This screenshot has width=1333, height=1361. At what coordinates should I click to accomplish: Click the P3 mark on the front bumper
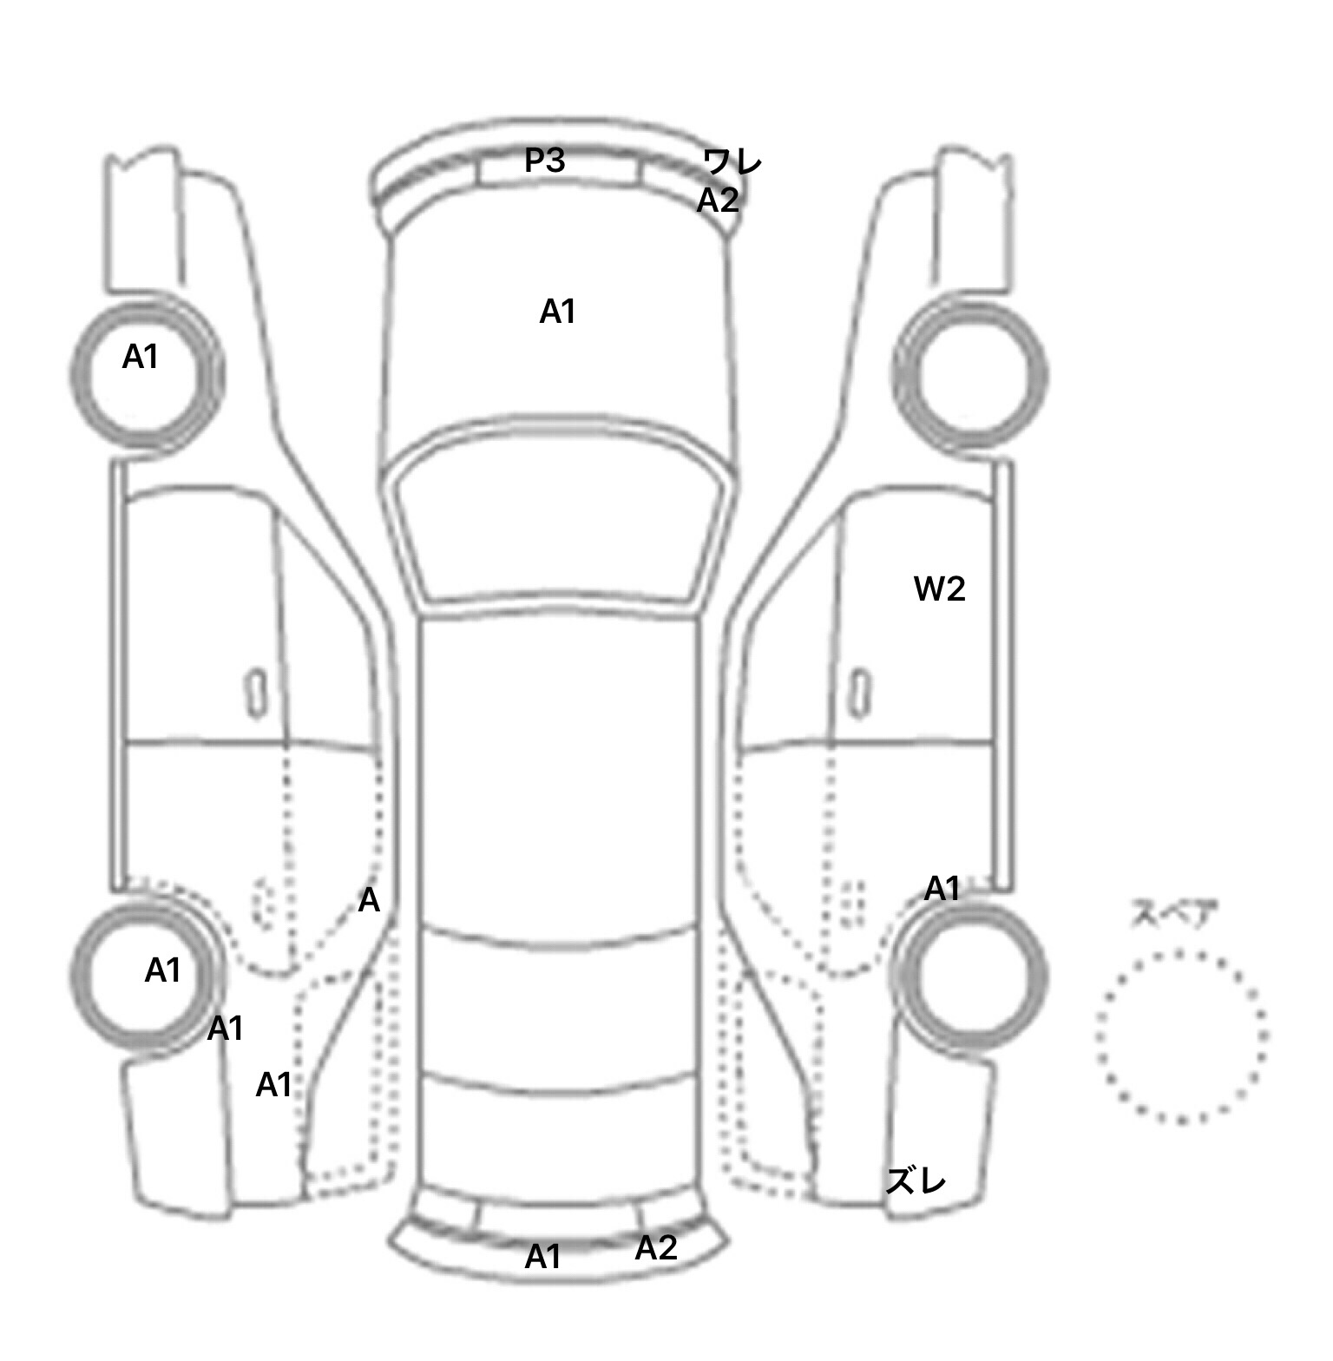click(545, 161)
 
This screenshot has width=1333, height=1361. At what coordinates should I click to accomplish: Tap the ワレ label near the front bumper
click(732, 162)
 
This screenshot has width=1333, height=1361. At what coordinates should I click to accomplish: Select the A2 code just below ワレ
click(718, 201)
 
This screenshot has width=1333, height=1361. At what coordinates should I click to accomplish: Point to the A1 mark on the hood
click(557, 312)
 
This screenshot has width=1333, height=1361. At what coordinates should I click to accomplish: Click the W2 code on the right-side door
click(939, 589)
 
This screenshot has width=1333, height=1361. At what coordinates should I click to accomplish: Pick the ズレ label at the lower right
click(915, 1180)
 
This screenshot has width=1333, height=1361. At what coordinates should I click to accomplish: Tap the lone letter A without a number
click(369, 902)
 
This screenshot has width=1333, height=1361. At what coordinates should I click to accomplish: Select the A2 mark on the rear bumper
click(655, 1248)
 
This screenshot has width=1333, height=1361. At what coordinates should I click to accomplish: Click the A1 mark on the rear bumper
click(543, 1257)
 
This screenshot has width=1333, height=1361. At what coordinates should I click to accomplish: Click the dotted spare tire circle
click(1098, 1037)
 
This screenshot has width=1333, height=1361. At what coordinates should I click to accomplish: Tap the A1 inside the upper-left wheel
click(140, 357)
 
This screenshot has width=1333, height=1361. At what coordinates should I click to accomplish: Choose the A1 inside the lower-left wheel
click(162, 970)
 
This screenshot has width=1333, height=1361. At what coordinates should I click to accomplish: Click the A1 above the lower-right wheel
click(942, 889)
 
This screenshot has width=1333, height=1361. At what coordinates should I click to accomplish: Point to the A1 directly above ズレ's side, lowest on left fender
click(273, 1085)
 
